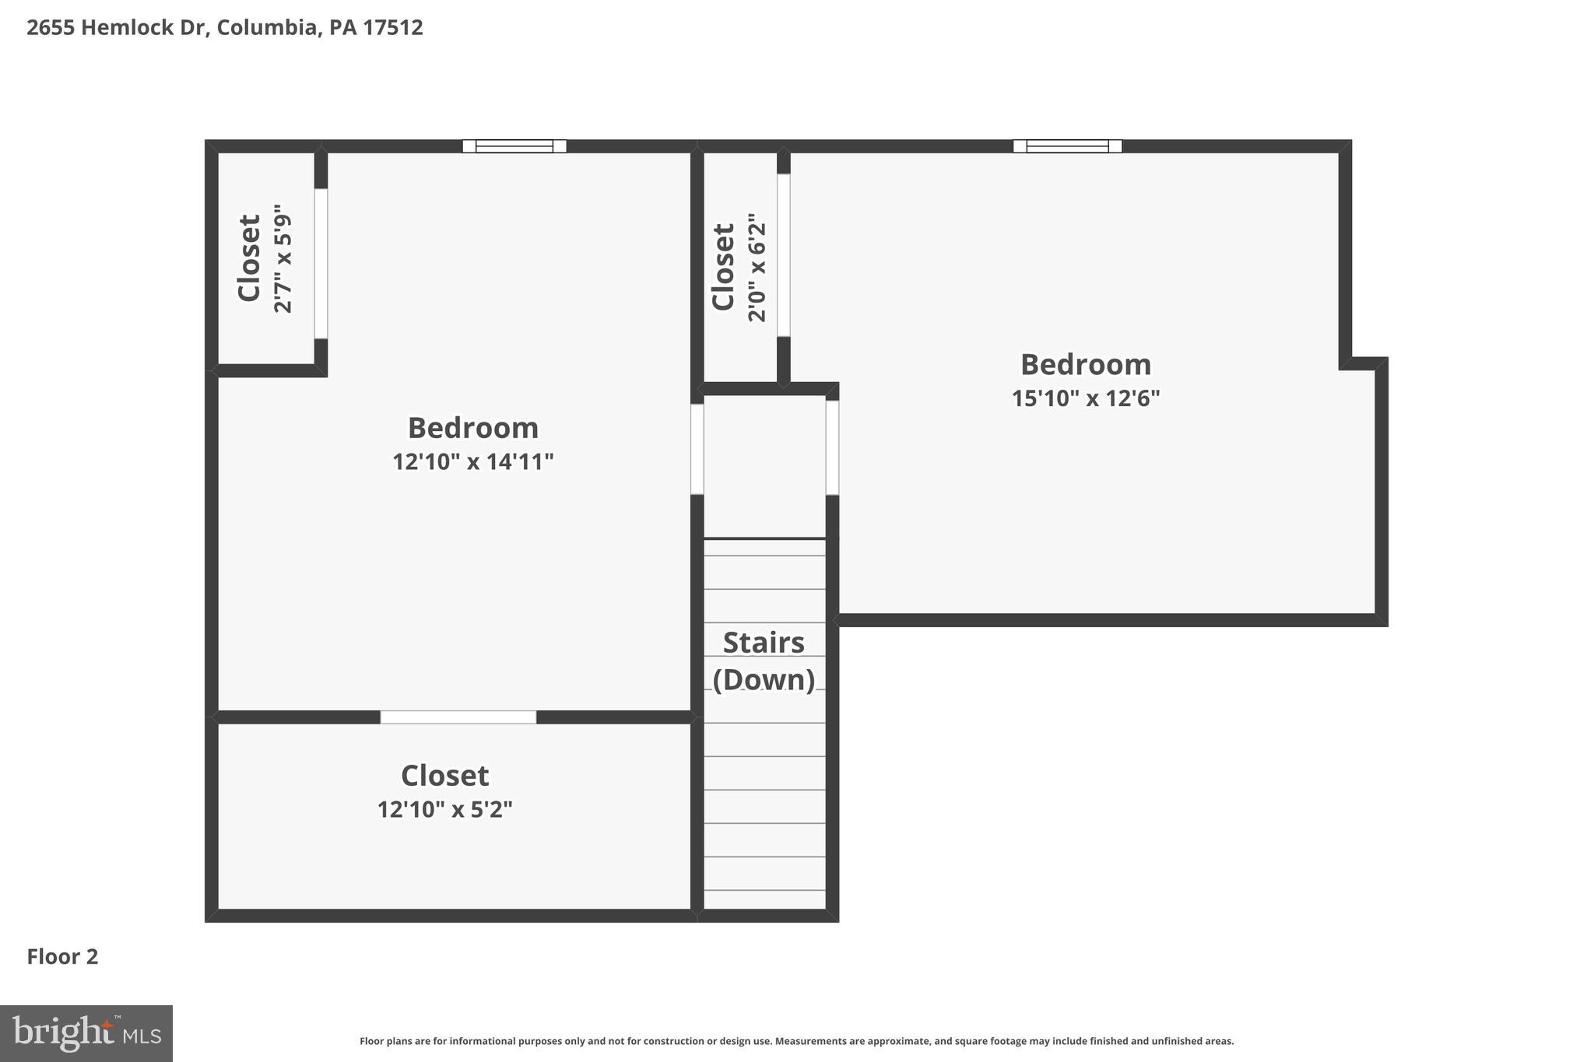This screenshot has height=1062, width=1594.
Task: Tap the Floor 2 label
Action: tap(62, 957)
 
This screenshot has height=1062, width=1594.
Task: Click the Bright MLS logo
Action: tap(86, 1034)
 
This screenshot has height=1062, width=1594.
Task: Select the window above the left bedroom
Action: tap(514, 146)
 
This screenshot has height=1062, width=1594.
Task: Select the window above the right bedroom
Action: tap(1067, 146)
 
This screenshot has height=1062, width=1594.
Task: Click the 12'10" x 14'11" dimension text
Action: tap(472, 462)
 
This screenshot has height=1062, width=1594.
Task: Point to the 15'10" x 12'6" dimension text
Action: tap(1085, 399)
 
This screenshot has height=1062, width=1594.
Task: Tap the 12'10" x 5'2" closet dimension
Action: tap(444, 810)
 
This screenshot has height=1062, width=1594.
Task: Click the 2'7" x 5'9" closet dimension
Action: tap(283, 259)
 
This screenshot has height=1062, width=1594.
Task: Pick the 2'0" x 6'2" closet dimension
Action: tap(757, 268)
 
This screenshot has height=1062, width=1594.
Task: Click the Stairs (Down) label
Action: tap(764, 661)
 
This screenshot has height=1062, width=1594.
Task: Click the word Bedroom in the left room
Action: tap(472, 428)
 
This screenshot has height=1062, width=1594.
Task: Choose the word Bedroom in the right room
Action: tap(1085, 365)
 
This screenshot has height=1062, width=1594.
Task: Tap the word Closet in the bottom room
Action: tap(444, 776)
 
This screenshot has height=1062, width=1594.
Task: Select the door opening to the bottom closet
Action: tap(458, 717)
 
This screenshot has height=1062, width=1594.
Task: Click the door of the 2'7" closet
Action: tap(321, 263)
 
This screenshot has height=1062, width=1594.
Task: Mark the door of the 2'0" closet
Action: tap(784, 255)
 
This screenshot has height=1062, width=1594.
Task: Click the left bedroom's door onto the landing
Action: tap(697, 448)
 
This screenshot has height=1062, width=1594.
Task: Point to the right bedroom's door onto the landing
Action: tap(832, 447)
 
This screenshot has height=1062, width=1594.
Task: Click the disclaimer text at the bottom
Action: tap(796, 1041)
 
